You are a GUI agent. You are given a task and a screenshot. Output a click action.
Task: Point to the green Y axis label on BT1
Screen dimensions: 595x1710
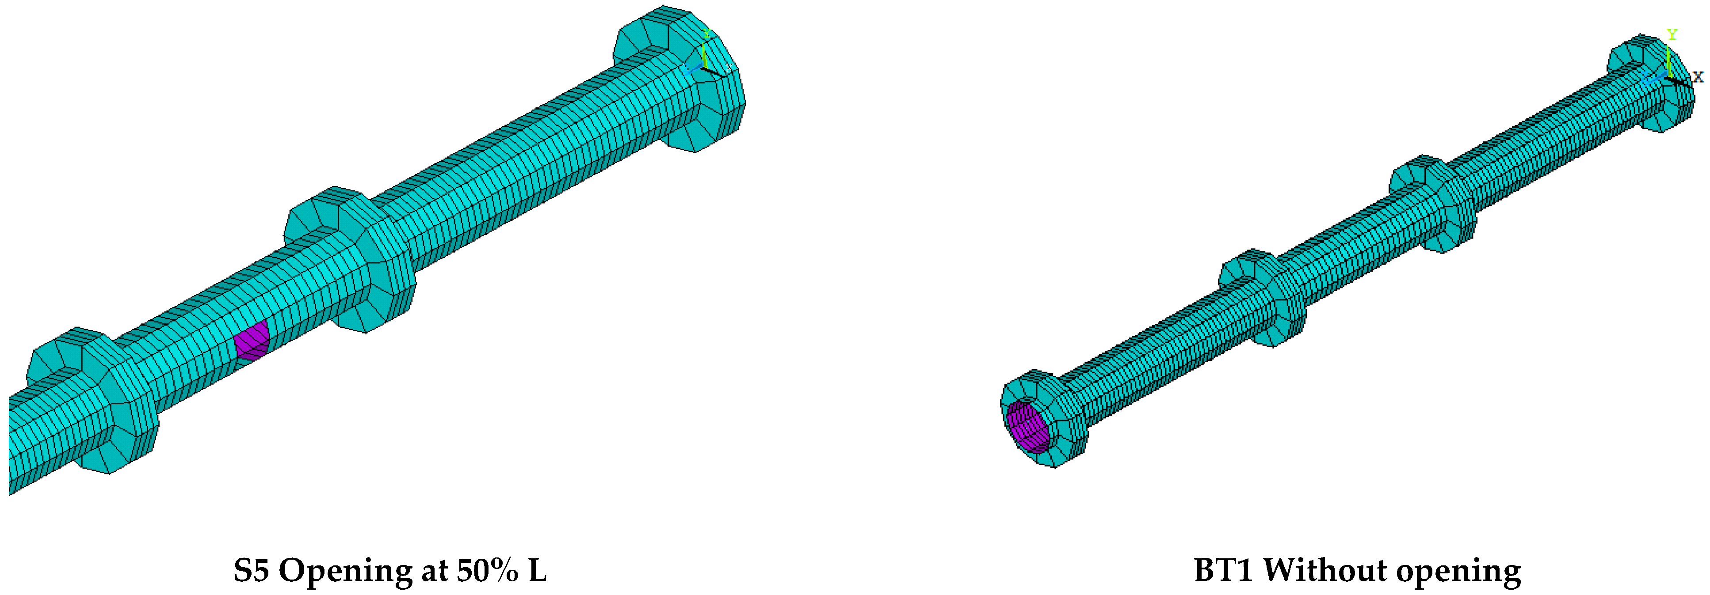1672,34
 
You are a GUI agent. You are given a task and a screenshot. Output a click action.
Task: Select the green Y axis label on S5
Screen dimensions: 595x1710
707,33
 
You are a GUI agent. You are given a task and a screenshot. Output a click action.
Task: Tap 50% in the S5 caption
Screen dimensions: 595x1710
487,570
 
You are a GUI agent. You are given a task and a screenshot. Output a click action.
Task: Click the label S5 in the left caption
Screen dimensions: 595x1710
251,570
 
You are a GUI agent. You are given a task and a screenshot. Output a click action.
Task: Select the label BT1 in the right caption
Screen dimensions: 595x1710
1223,570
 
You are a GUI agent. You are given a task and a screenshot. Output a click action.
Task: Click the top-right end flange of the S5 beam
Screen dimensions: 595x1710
684,80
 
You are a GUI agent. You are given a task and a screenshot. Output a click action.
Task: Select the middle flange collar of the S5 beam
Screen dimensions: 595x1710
352,259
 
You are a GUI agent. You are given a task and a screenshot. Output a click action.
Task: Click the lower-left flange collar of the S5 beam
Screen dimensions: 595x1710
93,398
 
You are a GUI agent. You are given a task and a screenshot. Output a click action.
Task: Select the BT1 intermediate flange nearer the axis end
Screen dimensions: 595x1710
1434,202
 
